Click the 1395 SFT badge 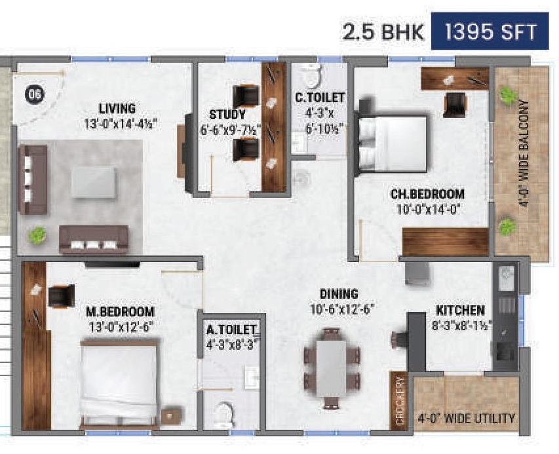(x=490, y=31)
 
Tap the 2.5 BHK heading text (x=383, y=32)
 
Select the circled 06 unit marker (x=35, y=94)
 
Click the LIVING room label (x=117, y=108)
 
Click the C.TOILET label (x=319, y=98)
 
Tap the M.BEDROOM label (x=120, y=311)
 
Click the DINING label (x=339, y=293)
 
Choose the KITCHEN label (x=461, y=310)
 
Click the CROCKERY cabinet (x=398, y=402)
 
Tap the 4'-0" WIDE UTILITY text (x=466, y=418)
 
